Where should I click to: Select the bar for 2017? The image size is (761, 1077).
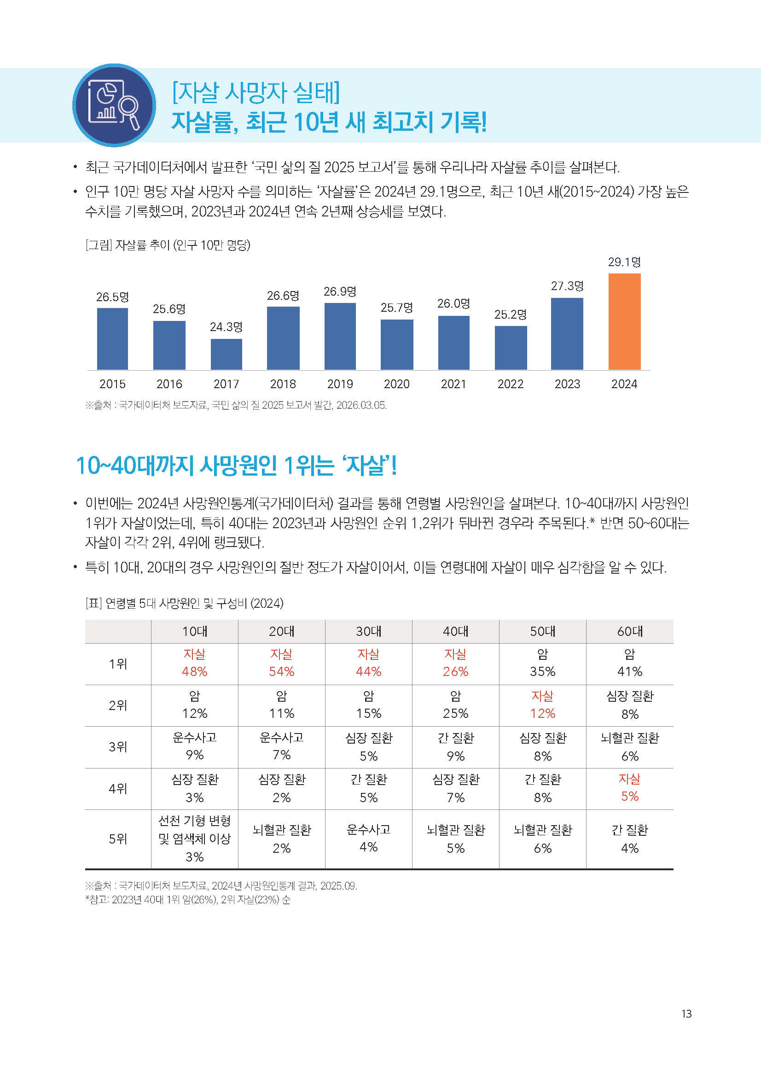click(226, 354)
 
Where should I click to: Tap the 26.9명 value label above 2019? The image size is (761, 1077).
click(340, 292)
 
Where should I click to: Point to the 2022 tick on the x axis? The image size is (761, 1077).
click(510, 384)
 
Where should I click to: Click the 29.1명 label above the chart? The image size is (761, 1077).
click(624, 262)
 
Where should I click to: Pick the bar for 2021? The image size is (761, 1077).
click(453, 343)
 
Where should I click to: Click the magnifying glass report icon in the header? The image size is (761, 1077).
click(114, 105)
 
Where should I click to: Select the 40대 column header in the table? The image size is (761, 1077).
click(455, 631)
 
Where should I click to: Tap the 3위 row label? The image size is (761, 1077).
click(118, 747)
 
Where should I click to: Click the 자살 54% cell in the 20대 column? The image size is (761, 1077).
click(281, 663)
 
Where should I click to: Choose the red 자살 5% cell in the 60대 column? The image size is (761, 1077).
click(629, 788)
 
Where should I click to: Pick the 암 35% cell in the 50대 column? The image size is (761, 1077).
click(542, 663)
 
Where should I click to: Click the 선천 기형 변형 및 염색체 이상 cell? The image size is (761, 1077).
click(195, 838)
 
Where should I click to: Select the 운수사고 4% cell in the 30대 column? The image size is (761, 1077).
click(369, 838)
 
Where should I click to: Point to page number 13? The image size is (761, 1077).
click(686, 1014)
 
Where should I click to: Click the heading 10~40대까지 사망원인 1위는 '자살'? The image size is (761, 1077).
click(236, 466)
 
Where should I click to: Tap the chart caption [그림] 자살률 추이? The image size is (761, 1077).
click(168, 245)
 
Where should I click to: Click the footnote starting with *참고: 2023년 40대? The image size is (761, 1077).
click(187, 900)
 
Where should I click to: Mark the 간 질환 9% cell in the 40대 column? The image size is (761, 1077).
click(455, 747)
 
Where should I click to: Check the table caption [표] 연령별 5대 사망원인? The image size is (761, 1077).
click(184, 603)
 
